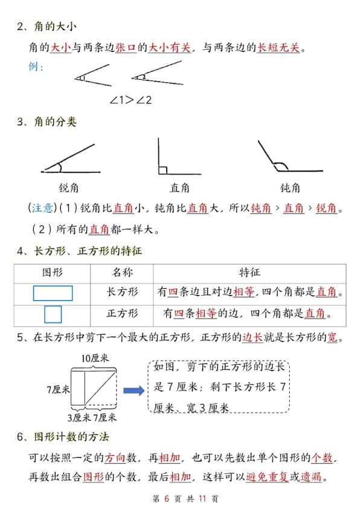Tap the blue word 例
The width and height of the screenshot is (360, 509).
(35, 66)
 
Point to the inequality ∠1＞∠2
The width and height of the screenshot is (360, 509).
(130, 100)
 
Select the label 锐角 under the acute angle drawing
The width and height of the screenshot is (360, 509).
(69, 187)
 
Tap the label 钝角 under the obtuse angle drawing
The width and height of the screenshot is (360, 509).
(290, 187)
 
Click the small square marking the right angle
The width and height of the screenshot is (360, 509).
(162, 170)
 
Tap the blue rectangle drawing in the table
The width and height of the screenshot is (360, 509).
(53, 293)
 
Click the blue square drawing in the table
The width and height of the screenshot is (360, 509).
(53, 314)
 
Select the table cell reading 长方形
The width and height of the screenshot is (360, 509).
(122, 293)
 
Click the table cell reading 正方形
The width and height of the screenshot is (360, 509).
(122, 314)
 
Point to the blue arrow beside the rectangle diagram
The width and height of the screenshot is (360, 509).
(133, 391)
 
